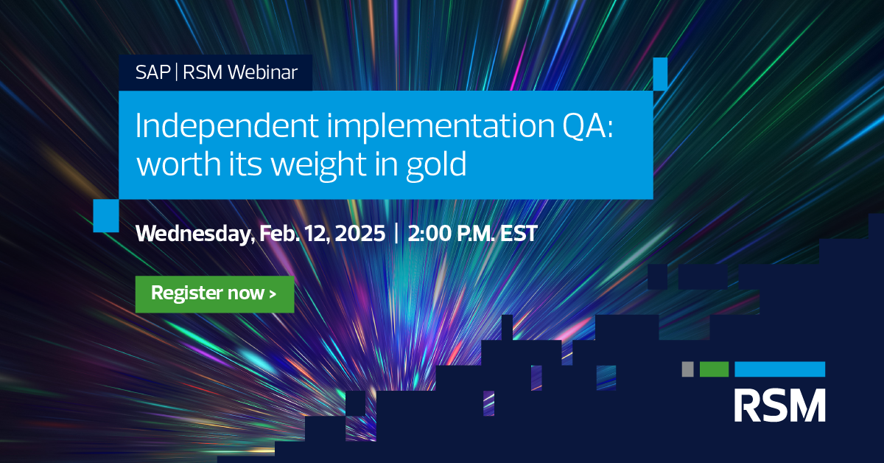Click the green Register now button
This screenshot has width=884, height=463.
(214, 294)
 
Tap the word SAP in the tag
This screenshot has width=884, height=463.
(152, 72)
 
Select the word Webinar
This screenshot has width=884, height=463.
(262, 72)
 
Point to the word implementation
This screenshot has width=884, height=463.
(440, 127)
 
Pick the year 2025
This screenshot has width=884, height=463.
(360, 233)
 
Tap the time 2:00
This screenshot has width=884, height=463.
(429, 233)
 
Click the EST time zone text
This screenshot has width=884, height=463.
(519, 233)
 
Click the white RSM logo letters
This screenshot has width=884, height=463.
(779, 405)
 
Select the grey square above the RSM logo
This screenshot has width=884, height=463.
(687, 369)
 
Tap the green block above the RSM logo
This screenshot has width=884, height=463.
(714, 369)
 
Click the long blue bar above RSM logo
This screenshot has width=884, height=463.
(780, 369)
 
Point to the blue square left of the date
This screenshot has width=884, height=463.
(106, 216)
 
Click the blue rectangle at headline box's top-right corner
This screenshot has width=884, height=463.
(660, 74)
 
